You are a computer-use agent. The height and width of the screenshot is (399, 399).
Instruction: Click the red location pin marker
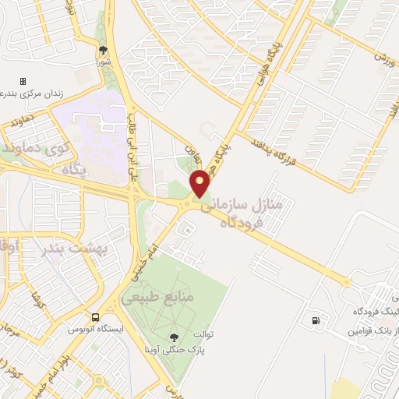[200, 183]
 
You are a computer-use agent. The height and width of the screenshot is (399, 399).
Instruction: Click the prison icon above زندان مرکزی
[23, 81]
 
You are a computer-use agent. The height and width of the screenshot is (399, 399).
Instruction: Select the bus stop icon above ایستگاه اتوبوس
[95, 318]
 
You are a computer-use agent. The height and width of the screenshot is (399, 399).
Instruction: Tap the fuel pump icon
[315, 320]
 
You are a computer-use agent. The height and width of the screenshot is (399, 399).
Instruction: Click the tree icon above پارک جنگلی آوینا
[173, 337]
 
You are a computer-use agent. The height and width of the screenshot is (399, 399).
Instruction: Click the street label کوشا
[34, 298]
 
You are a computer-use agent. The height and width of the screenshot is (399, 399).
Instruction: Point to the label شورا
[104, 61]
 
